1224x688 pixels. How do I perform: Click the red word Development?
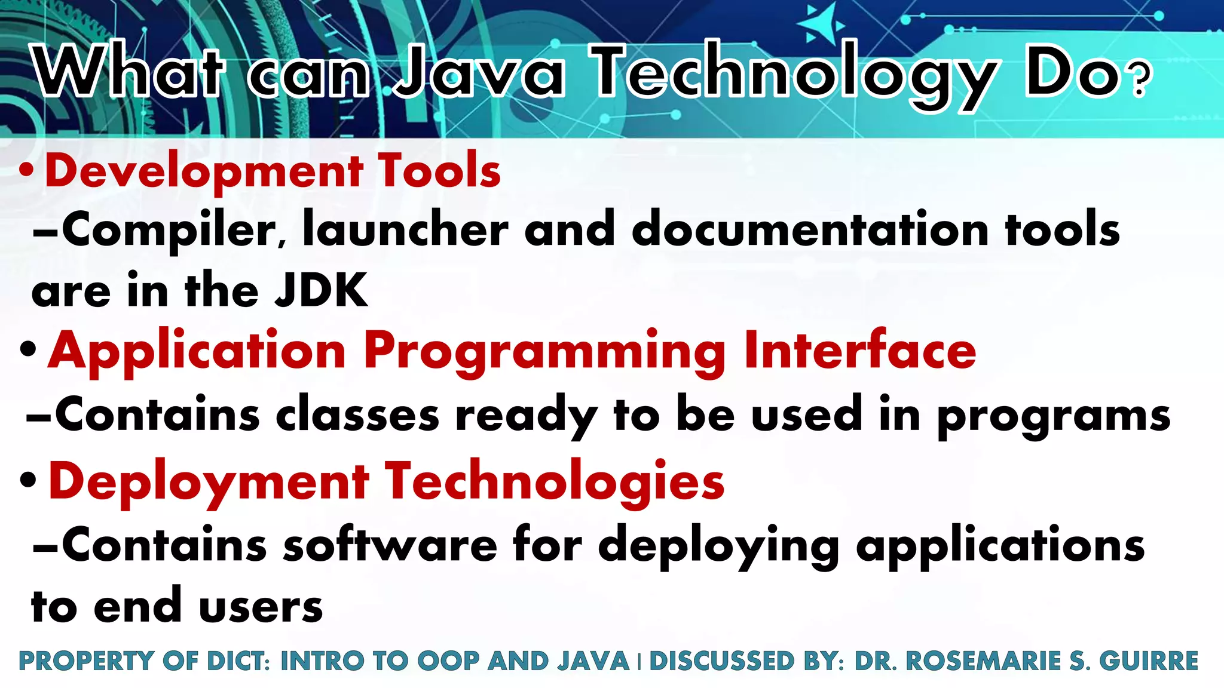pyautogui.click(x=204, y=171)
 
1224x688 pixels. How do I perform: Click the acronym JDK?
pyautogui.click(x=322, y=290)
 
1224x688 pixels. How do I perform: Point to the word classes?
pyautogui.click(x=357, y=415)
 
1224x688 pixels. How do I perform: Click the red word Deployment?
pyautogui.click(x=209, y=483)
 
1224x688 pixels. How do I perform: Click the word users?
pyautogui.click(x=261, y=607)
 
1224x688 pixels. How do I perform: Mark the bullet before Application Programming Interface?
pyautogui.click(x=28, y=349)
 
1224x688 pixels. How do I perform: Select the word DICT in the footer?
pyautogui.click(x=235, y=661)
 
